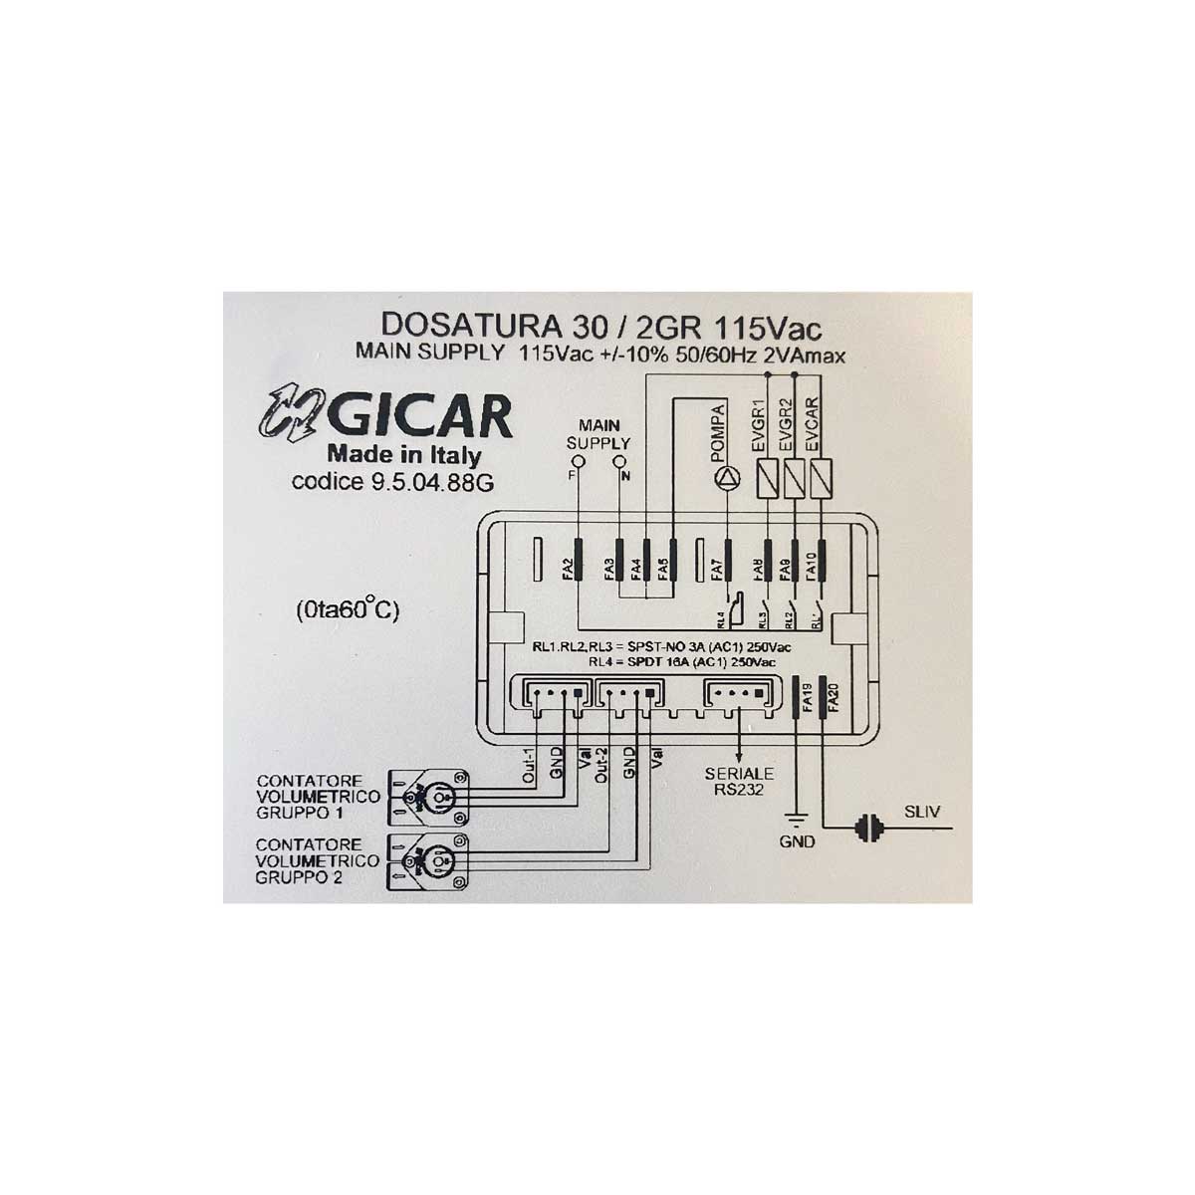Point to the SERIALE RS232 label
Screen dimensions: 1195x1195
click(x=739, y=781)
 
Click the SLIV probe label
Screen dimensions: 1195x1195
click(x=920, y=813)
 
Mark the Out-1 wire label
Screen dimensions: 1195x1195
click(x=529, y=767)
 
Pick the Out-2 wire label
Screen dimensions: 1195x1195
click(x=600, y=763)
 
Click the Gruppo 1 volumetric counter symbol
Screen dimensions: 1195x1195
click(x=430, y=797)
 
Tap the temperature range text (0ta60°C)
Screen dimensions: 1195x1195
click(x=347, y=608)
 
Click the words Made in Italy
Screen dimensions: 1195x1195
click(x=404, y=455)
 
